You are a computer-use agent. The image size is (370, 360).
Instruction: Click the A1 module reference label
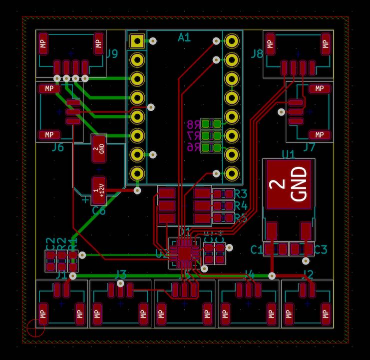click(x=184, y=37)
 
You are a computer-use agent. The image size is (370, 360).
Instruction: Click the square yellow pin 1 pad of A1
click(x=136, y=41)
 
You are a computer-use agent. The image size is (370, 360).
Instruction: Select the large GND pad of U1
click(x=288, y=184)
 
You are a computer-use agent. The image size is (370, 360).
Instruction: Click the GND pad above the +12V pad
click(x=99, y=148)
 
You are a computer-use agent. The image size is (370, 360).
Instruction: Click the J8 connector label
click(x=257, y=53)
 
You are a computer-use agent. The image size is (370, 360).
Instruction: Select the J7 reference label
click(x=309, y=147)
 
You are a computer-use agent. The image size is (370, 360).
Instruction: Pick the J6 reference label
click(x=58, y=147)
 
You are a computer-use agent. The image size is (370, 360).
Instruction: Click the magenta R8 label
click(x=193, y=125)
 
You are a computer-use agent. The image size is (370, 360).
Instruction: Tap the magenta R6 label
click(x=193, y=147)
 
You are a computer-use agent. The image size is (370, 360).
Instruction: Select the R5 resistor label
click(x=241, y=218)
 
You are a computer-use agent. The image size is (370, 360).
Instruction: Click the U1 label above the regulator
click(x=289, y=154)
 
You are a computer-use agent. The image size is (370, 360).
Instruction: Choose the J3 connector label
click(x=121, y=273)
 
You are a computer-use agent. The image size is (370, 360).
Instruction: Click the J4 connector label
click(x=250, y=274)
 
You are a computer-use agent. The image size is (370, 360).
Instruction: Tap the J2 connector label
click(x=308, y=274)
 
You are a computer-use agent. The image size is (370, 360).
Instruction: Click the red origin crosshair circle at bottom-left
click(x=35, y=328)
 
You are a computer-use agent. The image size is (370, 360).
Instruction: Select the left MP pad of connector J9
click(x=44, y=44)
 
